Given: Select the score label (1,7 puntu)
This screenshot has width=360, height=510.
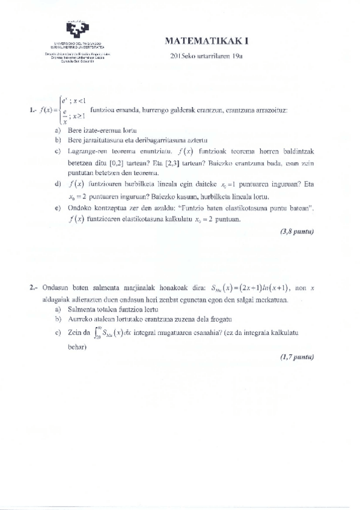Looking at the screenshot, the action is coord(297,357).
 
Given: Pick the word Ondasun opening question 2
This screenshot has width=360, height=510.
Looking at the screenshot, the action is coord(55,288).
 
